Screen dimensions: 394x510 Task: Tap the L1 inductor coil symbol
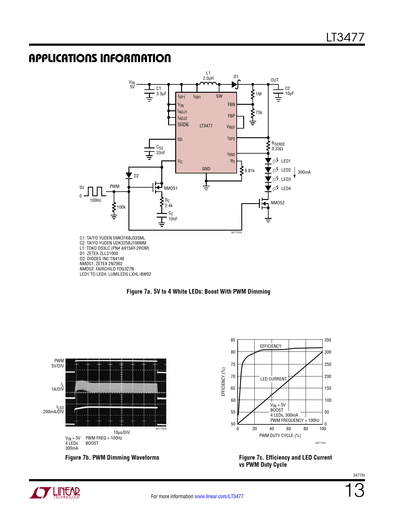[x=208, y=83]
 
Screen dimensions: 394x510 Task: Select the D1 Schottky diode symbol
[x=236, y=84]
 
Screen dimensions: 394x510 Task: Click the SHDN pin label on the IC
[x=183, y=125]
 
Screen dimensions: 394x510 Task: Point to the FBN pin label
[x=231, y=104]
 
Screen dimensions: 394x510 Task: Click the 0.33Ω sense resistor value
[x=277, y=149]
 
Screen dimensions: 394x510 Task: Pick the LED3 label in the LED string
[x=286, y=179]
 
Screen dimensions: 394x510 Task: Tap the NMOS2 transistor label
[x=277, y=202]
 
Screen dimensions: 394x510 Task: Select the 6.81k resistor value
[x=249, y=171]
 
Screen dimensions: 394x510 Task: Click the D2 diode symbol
[x=129, y=175]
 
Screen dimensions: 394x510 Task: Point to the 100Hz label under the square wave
[x=95, y=200]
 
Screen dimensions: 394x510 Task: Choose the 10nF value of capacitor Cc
[x=173, y=219]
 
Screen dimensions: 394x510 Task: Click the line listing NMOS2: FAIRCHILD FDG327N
[x=107, y=269]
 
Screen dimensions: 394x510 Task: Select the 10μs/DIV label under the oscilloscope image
[x=121, y=432]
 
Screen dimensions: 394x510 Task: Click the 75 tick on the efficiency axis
[x=233, y=364]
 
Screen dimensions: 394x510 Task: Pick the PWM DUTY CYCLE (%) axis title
[x=280, y=436]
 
